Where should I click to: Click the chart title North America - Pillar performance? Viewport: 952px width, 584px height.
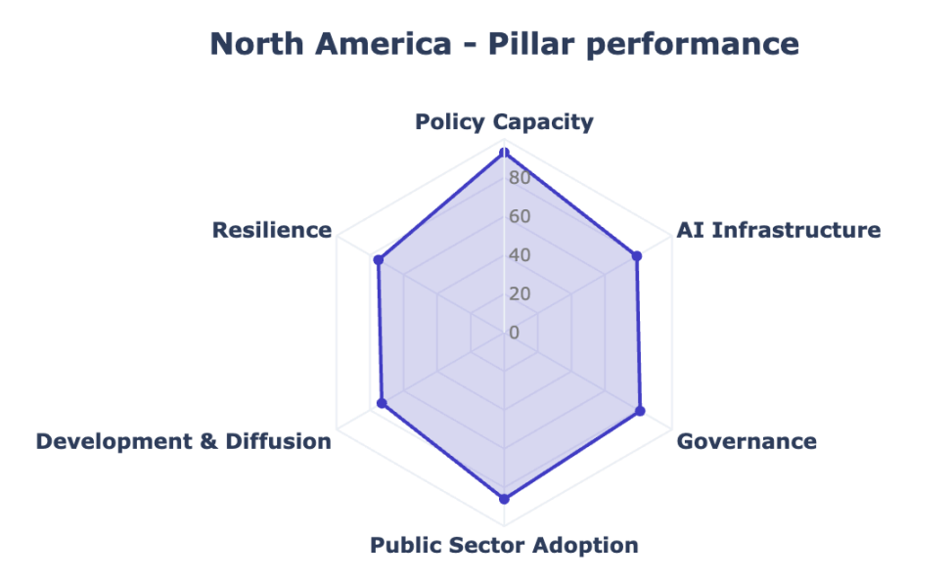504,44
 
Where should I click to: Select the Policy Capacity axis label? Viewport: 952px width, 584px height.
504,122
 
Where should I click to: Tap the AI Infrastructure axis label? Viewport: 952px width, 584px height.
779,230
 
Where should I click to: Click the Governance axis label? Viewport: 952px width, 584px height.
747,441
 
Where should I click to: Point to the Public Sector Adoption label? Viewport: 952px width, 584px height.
504,545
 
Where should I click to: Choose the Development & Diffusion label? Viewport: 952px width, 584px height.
183,441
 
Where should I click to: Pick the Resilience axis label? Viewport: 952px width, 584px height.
271,230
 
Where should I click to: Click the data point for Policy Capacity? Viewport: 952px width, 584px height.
504,153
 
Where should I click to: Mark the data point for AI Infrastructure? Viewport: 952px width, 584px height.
637,256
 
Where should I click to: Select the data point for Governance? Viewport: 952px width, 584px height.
640,411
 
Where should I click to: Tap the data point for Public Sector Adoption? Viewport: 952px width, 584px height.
504,499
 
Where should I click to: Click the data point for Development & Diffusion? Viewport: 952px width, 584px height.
382,403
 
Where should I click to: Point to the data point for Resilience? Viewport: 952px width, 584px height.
379,260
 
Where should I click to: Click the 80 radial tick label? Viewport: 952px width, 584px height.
520,178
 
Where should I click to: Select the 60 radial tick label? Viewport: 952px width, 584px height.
520,216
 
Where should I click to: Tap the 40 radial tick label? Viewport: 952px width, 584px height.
520,255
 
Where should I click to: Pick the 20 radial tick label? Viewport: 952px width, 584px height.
520,293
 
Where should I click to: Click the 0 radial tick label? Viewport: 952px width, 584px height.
515,333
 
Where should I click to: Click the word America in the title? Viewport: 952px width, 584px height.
384,44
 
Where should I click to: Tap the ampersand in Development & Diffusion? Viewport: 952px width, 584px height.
208,441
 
